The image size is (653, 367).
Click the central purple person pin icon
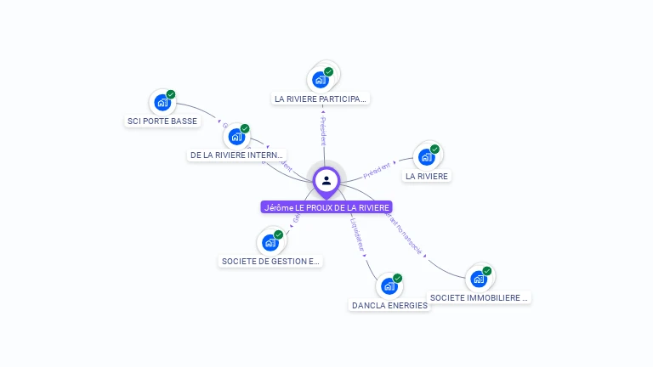click(x=326, y=180)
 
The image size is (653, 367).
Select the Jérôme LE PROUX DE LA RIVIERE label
click(x=326, y=207)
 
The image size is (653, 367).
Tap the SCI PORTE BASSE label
click(x=162, y=121)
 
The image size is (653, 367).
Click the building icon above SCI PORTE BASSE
click(x=162, y=103)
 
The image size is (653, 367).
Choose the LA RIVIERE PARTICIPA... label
click(x=321, y=99)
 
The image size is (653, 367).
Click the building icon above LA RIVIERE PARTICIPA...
click(x=321, y=80)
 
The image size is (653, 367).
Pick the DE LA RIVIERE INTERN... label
click(x=237, y=155)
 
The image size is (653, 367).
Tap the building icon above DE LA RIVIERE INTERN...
click(x=236, y=137)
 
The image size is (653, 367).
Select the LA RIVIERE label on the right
click(x=427, y=176)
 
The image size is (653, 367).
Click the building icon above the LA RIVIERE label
click(x=427, y=157)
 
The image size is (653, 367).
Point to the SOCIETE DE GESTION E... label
click(x=270, y=261)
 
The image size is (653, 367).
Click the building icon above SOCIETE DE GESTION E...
click(x=270, y=242)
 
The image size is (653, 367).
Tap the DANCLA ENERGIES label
click(x=389, y=305)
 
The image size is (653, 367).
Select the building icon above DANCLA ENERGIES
click(x=389, y=286)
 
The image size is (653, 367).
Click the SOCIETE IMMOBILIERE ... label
click(x=480, y=297)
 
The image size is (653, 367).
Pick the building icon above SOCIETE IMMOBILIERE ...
click(x=479, y=279)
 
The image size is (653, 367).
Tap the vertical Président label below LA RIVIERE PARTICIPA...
click(x=323, y=133)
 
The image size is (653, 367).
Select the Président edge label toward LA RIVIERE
click(x=377, y=170)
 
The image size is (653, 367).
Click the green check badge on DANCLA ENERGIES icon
click(x=397, y=279)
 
